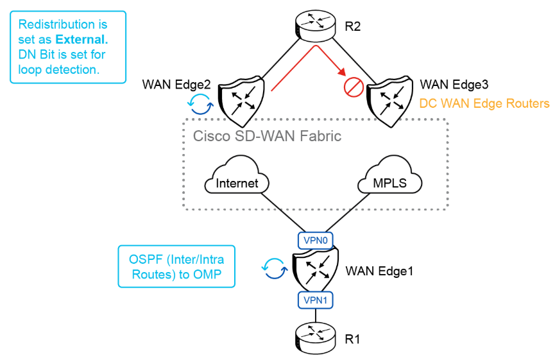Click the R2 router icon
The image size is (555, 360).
(314, 24)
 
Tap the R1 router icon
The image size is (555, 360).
(314, 336)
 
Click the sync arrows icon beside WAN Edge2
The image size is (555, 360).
(199, 103)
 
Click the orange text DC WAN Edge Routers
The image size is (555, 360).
(484, 103)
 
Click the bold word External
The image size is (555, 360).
(80, 39)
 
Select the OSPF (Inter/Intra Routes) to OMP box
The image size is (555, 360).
(176, 266)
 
